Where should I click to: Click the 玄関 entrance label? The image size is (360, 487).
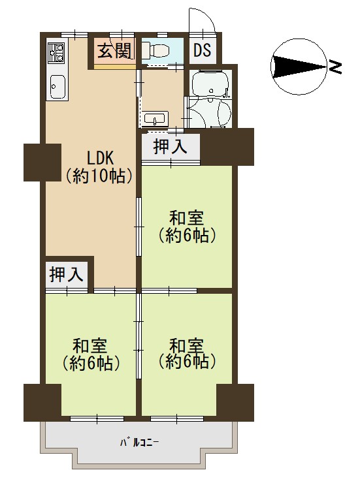point(114,51)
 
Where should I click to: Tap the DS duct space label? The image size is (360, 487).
point(203,50)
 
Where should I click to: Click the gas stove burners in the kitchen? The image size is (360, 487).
point(56,52)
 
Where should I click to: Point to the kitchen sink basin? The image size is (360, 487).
point(57,86)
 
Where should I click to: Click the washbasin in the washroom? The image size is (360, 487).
point(156,119)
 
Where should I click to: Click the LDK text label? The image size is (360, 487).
point(101,159)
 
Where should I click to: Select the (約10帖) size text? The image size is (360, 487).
point(99,176)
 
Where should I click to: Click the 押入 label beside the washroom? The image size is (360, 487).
point(171,146)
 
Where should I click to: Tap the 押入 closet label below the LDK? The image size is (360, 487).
point(67,274)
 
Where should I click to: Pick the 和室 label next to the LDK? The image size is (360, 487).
point(186,218)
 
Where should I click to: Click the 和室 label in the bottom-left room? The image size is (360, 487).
point(90,345)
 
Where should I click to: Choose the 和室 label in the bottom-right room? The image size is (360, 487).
point(186,345)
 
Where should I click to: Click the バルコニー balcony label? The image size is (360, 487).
point(140,442)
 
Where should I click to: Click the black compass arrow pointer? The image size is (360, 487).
point(299,67)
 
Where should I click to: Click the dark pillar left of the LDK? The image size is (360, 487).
point(42,162)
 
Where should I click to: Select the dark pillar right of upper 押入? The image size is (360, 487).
point(227,147)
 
